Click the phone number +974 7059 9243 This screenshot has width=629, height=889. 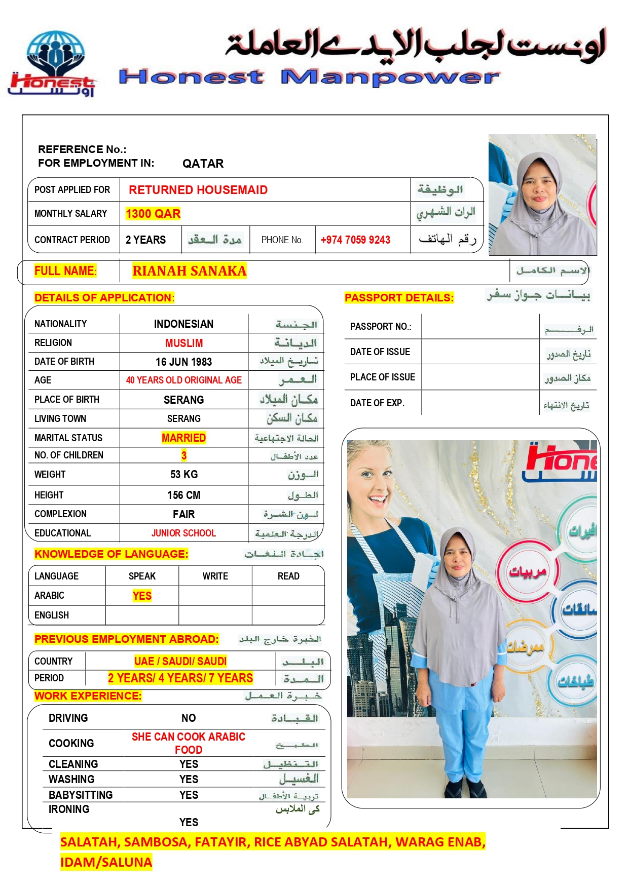coord(355,240)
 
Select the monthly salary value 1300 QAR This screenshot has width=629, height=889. coord(153,214)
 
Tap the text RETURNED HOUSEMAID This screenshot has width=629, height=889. coord(198,190)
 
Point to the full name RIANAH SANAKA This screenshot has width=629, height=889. coord(189,271)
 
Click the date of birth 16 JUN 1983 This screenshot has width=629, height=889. coord(183,362)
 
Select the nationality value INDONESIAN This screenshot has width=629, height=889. coord(183,324)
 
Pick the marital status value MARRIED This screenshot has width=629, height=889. coord(183,438)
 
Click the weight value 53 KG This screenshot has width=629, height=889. coord(183,475)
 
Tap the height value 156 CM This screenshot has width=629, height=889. coord(183,495)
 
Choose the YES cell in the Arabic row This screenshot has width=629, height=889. coord(142,596)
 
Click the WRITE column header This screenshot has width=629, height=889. coord(215,576)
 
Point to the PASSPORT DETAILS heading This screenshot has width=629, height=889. coord(399,298)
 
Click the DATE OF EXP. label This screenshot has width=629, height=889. coord(377,403)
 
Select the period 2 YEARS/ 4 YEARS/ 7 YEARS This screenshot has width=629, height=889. coord(180,678)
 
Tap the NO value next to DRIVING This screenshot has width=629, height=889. coord(189,718)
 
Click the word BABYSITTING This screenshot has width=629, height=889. coord(81,795)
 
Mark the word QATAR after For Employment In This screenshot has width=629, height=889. coord(203,164)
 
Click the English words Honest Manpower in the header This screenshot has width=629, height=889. coord(309,77)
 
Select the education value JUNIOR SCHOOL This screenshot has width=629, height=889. coord(183,533)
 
